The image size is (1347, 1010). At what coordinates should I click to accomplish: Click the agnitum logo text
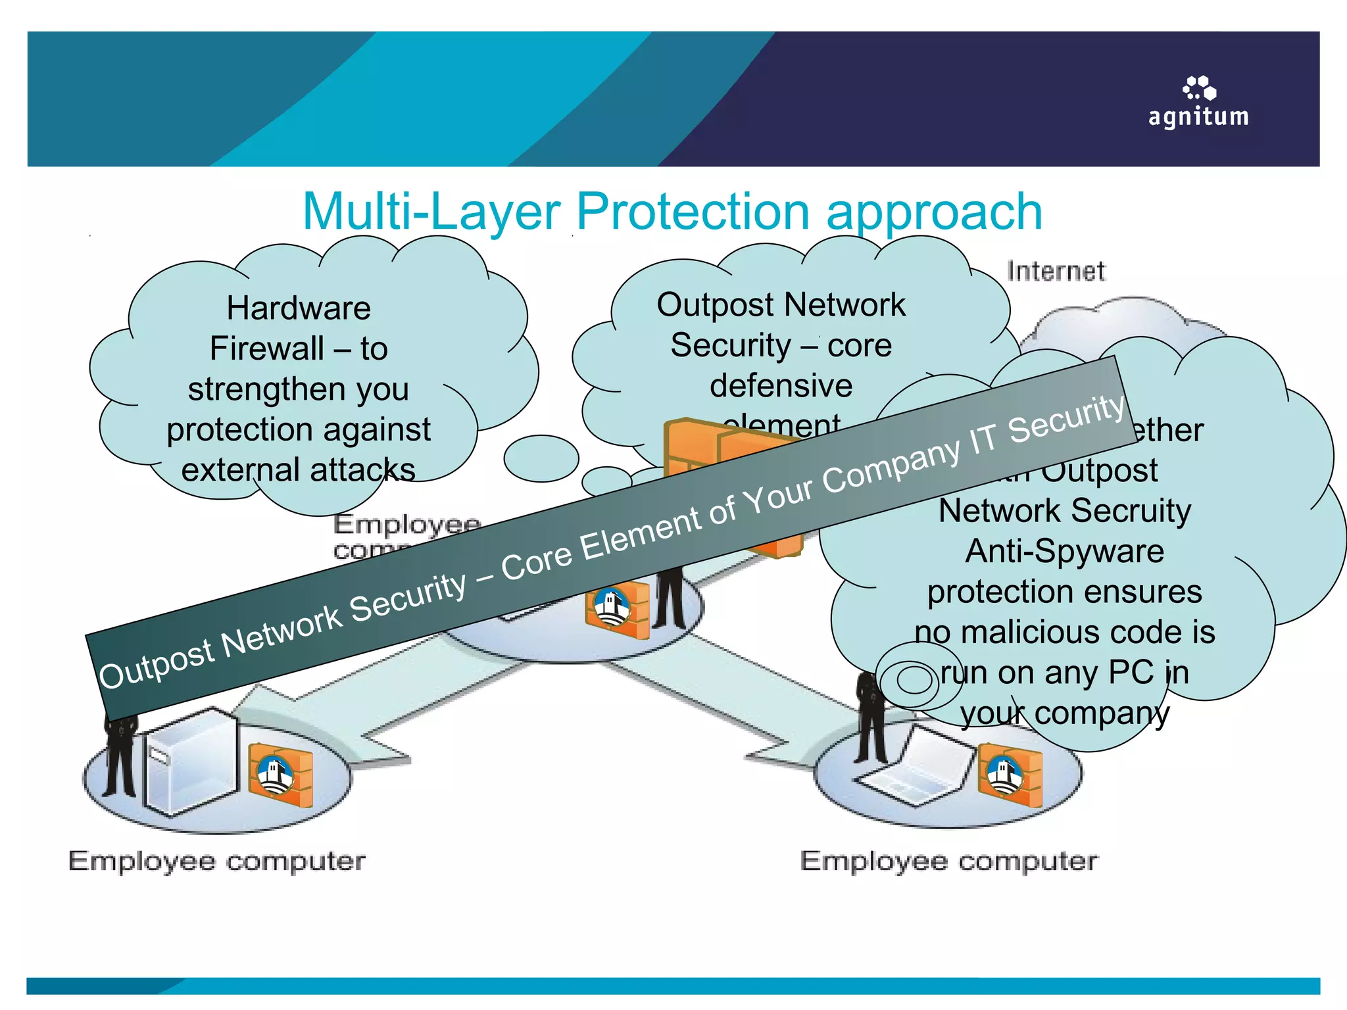pos(1198,116)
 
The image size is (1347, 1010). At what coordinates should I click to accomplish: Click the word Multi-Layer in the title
pos(431,212)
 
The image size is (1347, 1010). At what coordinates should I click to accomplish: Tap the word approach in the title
pos(934,212)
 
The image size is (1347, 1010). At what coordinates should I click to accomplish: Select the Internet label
pos(1056,271)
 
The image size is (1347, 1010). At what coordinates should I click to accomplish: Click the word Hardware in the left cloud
pos(299,308)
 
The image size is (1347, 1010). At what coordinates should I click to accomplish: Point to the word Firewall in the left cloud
pos(266,349)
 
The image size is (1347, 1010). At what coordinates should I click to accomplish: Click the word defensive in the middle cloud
pos(781,385)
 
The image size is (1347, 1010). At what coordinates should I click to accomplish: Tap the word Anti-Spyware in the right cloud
pos(1064,551)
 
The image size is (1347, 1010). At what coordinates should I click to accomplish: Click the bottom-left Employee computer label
pos(216,861)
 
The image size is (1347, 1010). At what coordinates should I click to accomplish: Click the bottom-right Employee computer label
pos(948,861)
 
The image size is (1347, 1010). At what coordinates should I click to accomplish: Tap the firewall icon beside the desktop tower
pos(281,775)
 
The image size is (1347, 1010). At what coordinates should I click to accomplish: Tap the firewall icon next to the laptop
pos(1009,774)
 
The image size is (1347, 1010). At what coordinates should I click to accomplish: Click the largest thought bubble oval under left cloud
pos(541,458)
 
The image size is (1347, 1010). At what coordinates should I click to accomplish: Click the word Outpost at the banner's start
pos(157,665)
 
